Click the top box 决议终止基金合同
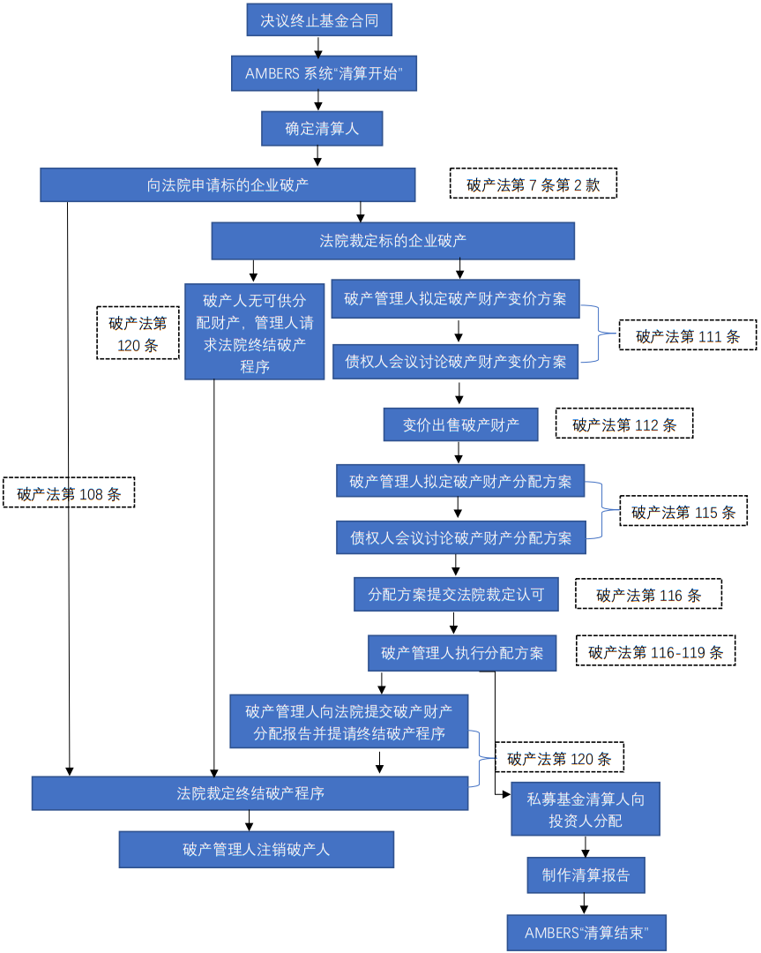click(319, 19)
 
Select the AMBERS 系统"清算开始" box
click(324, 74)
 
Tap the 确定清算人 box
click(321, 129)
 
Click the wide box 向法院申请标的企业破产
click(228, 185)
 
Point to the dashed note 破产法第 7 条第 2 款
click(533, 184)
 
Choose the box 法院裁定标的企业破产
click(392, 240)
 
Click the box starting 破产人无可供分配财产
click(254, 332)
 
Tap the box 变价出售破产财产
click(460, 424)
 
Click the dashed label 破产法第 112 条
click(624, 424)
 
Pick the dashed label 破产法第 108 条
click(69, 493)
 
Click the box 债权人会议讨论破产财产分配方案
click(460, 537)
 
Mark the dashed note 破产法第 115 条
click(683, 512)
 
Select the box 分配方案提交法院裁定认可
click(456, 595)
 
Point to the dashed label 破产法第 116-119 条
click(655, 652)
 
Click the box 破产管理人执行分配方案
click(461, 653)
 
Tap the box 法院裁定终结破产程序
click(250, 793)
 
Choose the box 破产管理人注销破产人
click(256, 850)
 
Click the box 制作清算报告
click(586, 875)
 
